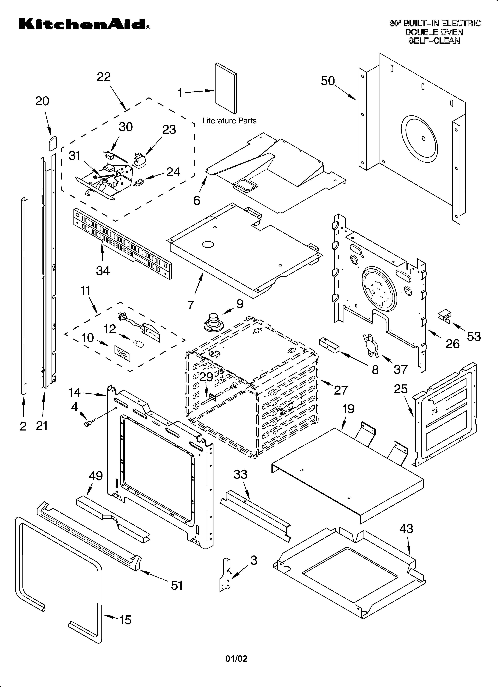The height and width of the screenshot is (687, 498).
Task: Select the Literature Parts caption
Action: click(229, 121)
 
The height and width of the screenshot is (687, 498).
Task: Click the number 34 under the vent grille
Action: click(103, 270)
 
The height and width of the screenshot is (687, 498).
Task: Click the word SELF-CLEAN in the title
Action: click(434, 41)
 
